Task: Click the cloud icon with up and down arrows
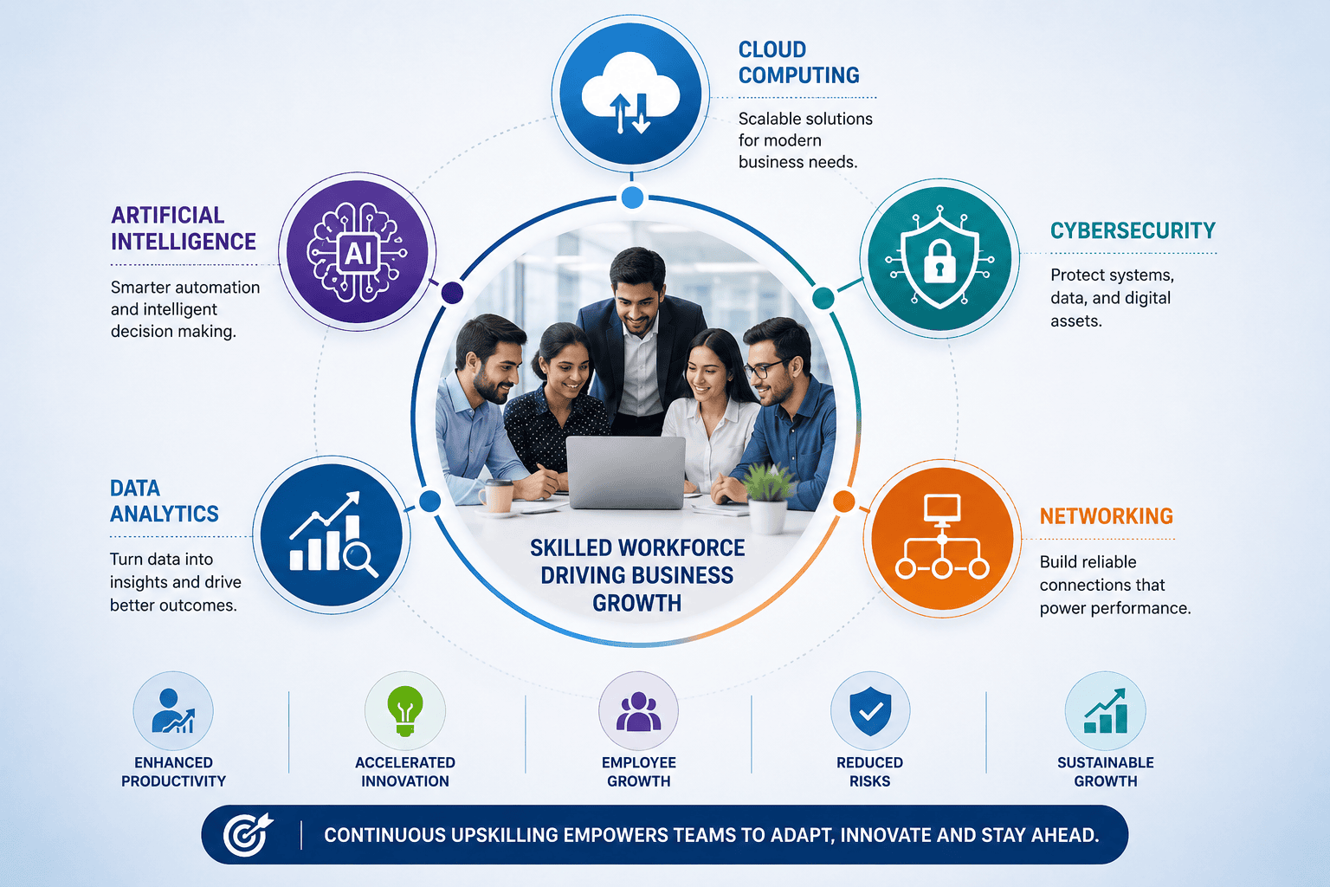(x=630, y=94)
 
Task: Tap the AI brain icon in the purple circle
(x=358, y=252)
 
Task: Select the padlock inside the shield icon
(x=939, y=261)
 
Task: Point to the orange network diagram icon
(x=942, y=536)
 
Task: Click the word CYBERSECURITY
(x=1133, y=230)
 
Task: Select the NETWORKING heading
(x=1106, y=516)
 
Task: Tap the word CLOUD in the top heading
(x=772, y=49)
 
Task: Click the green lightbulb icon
(x=405, y=711)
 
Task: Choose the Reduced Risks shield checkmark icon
(x=870, y=711)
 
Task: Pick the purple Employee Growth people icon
(x=638, y=712)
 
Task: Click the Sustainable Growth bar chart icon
(x=1105, y=711)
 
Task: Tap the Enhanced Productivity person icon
(x=173, y=711)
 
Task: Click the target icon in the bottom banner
(x=248, y=835)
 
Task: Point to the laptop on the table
(x=625, y=473)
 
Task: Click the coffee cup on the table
(x=497, y=495)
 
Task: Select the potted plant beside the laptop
(x=768, y=498)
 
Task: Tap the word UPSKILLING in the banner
(x=505, y=835)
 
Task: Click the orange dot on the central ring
(x=843, y=501)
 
